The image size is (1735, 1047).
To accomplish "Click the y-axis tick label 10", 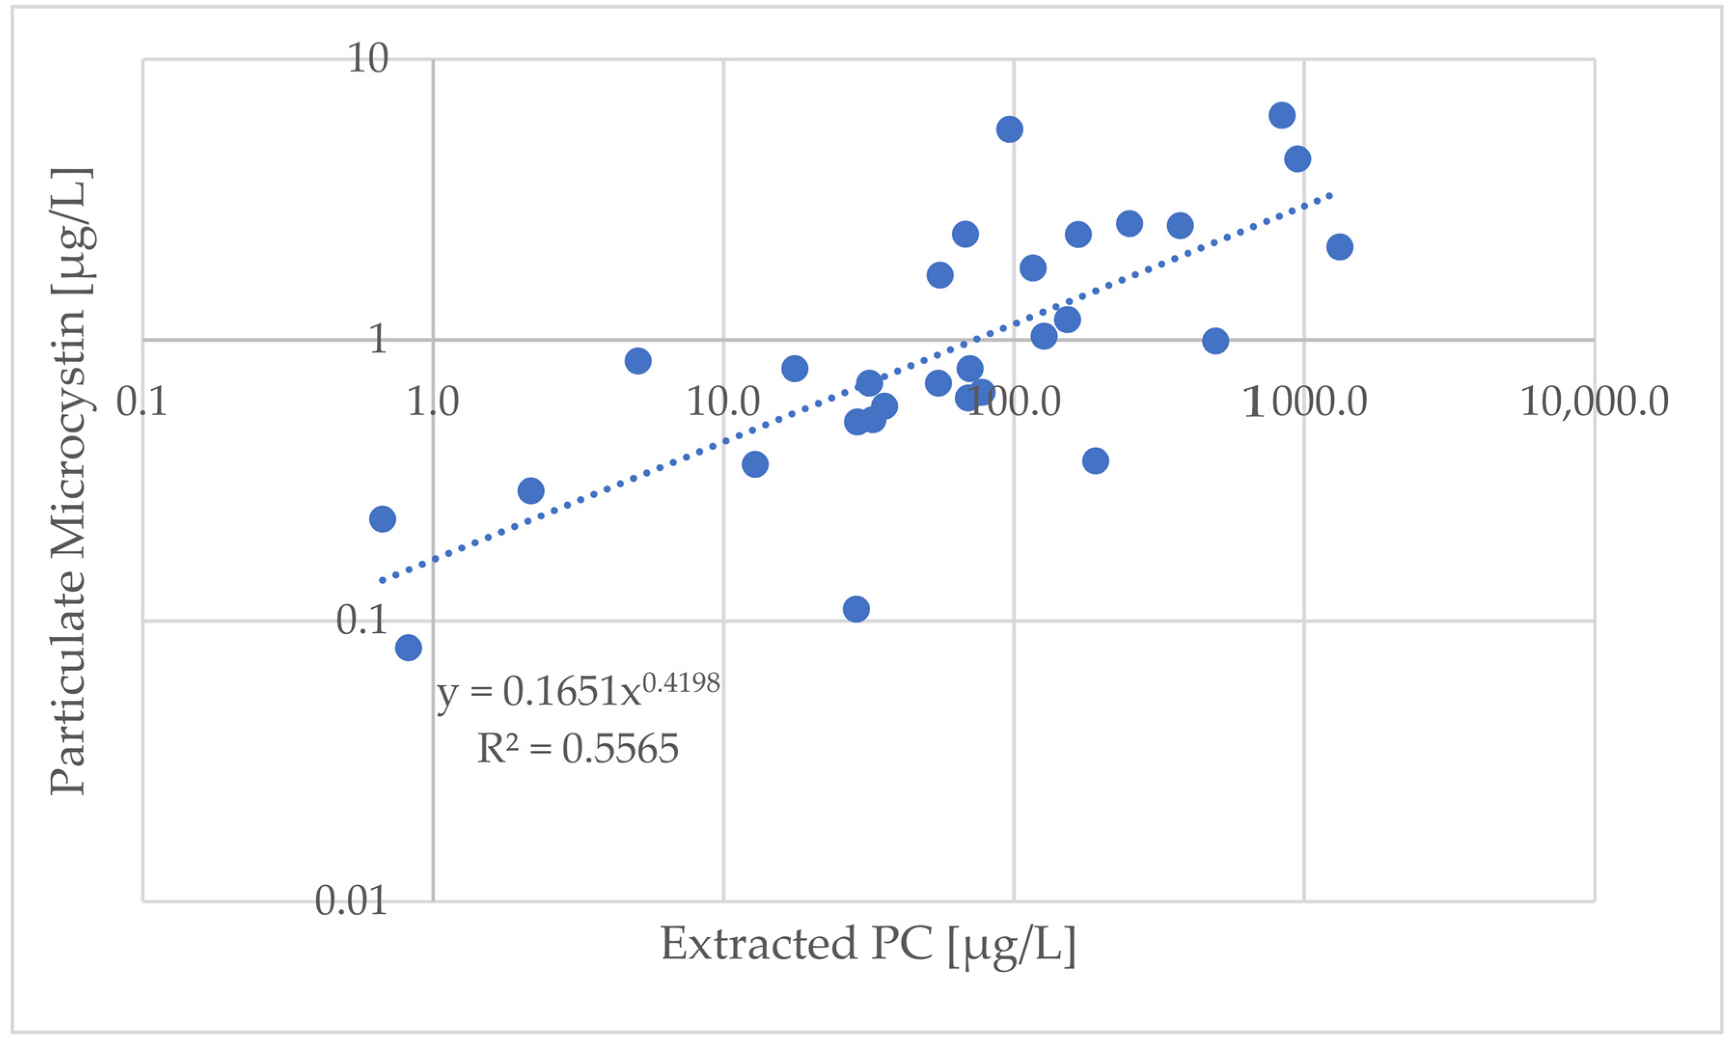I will point(368,58).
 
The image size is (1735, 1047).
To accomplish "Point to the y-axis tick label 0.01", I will point(351,900).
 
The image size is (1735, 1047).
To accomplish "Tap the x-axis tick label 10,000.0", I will point(1594,402).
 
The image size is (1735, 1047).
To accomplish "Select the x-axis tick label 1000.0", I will point(1305,402).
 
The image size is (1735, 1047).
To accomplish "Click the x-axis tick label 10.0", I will point(723,402).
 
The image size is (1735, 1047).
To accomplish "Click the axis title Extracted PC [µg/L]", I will point(867,945).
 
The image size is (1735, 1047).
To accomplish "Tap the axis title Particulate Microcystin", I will point(69,482).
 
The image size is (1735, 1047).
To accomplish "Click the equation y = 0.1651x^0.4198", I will point(577,690).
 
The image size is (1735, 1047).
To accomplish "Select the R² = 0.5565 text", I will point(577,748).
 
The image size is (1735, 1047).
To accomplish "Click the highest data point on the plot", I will point(1282,115).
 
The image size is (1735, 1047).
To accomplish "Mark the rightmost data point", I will point(1339,246).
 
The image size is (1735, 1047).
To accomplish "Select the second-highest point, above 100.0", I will point(1009,129).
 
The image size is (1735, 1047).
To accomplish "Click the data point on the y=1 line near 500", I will point(1216,341).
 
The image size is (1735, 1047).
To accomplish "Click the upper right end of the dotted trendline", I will point(1330,194).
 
